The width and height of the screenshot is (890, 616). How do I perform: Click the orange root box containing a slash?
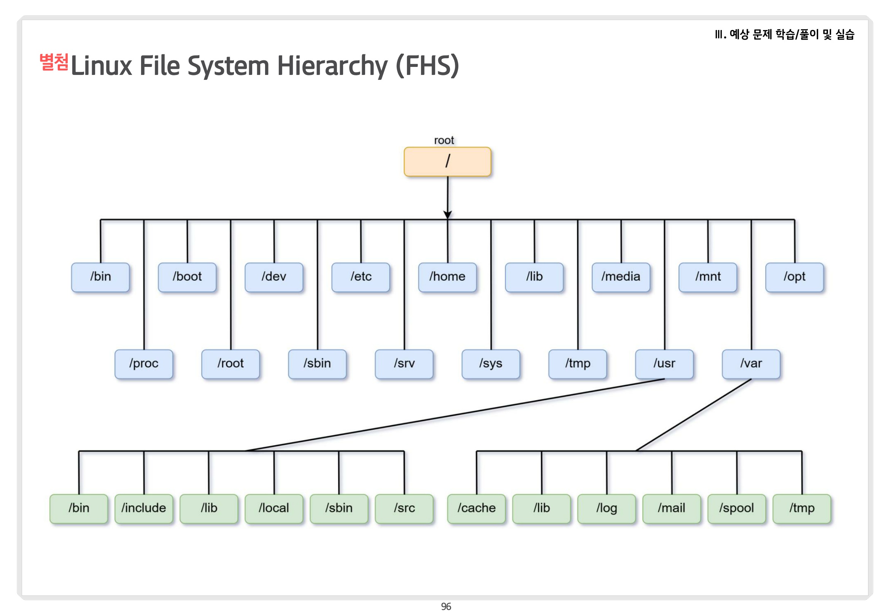click(447, 161)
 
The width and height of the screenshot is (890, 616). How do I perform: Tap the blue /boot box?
click(187, 277)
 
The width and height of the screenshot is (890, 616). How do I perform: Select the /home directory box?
click(447, 277)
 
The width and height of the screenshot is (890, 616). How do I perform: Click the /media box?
click(621, 277)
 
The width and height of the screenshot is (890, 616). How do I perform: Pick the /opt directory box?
click(794, 277)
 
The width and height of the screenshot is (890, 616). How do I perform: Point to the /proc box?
click(143, 364)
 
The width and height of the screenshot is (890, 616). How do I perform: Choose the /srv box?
click(404, 364)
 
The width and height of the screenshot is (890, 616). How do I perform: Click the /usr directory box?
click(664, 364)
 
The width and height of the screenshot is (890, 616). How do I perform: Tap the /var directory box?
click(751, 364)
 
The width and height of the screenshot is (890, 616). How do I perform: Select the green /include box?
click(143, 509)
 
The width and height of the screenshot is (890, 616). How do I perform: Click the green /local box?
click(274, 509)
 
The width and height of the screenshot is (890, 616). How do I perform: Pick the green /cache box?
click(476, 509)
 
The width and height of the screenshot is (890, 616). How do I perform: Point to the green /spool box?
click(737, 509)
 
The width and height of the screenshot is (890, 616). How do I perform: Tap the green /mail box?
click(672, 509)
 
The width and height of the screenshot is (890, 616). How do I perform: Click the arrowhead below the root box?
click(448, 215)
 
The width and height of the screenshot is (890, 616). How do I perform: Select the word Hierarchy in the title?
click(332, 66)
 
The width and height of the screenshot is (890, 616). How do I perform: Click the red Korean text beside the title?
click(54, 62)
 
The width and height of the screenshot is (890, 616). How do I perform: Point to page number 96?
click(446, 607)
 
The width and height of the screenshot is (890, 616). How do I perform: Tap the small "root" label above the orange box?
click(444, 140)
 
